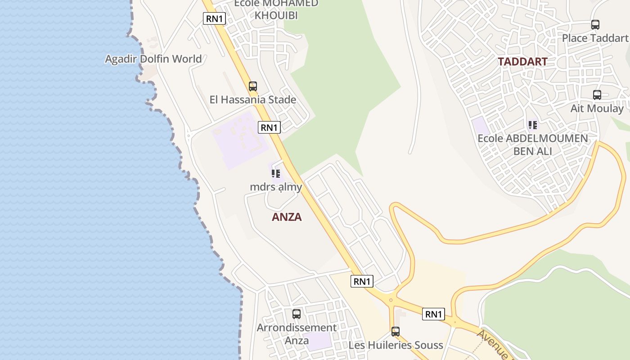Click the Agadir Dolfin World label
153,59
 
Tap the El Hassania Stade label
252,99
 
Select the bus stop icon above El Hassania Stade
253,86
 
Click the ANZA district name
287,217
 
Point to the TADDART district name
522,62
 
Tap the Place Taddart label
595,38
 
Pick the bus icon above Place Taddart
595,25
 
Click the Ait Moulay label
597,108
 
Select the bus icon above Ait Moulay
597,95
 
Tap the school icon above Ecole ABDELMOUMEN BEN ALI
533,125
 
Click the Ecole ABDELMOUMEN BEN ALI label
533,144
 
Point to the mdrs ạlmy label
276,186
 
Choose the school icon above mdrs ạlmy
276,173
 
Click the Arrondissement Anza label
297,334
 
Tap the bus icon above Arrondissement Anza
297,314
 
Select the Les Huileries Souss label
396,345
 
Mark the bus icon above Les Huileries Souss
396,332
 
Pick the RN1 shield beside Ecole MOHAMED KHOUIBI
214,18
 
